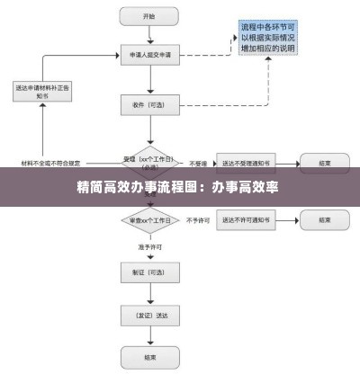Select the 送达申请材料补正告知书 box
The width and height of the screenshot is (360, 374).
tap(42, 92)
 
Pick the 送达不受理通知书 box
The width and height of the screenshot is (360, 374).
tap(248, 164)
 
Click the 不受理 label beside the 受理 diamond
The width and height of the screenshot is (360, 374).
tap(198, 164)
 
